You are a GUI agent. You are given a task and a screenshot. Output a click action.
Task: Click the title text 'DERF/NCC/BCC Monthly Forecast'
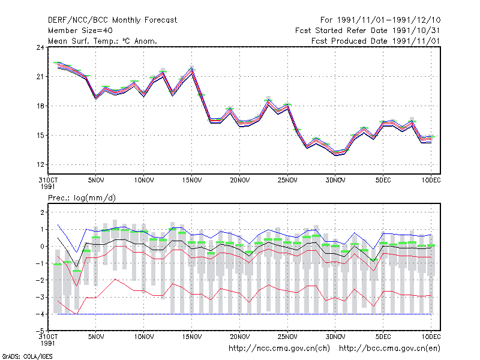coord(112,20)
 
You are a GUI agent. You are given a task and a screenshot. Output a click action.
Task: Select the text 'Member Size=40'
coord(80,31)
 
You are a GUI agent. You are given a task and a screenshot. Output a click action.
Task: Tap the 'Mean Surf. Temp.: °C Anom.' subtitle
coord(102,41)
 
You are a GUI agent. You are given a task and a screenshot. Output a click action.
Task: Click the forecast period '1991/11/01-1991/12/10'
coord(389,20)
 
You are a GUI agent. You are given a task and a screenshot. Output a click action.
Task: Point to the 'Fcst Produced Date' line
coord(376,41)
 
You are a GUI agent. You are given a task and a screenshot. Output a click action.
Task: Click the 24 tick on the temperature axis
coord(40,47)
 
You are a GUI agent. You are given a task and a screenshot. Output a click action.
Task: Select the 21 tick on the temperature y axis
coord(40,77)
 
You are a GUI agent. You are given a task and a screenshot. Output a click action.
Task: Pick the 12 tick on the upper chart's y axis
coord(40,164)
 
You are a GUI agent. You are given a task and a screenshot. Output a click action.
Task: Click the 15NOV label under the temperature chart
coord(192,180)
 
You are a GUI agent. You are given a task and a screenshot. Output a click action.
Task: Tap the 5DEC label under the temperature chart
coord(383,180)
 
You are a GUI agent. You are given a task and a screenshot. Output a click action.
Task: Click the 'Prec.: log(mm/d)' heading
coord(82,198)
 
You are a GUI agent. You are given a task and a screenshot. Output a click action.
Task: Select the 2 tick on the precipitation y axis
coord(42,212)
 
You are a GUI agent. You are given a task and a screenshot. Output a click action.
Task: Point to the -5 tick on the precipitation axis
coord(40,331)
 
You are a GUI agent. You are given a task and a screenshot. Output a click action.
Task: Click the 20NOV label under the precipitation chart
coord(239,337)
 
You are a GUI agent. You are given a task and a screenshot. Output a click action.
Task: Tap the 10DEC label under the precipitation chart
coord(431,337)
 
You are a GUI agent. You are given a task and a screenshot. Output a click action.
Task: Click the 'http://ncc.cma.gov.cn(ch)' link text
coord(279,349)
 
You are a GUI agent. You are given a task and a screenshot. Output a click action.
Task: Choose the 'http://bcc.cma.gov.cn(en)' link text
coord(389,349)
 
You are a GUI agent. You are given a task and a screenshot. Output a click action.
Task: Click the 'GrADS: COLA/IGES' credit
coord(27,356)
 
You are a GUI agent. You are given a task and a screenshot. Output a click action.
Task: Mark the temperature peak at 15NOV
coord(192,70)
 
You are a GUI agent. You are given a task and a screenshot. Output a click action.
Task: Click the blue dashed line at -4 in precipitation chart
coord(244,314)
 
